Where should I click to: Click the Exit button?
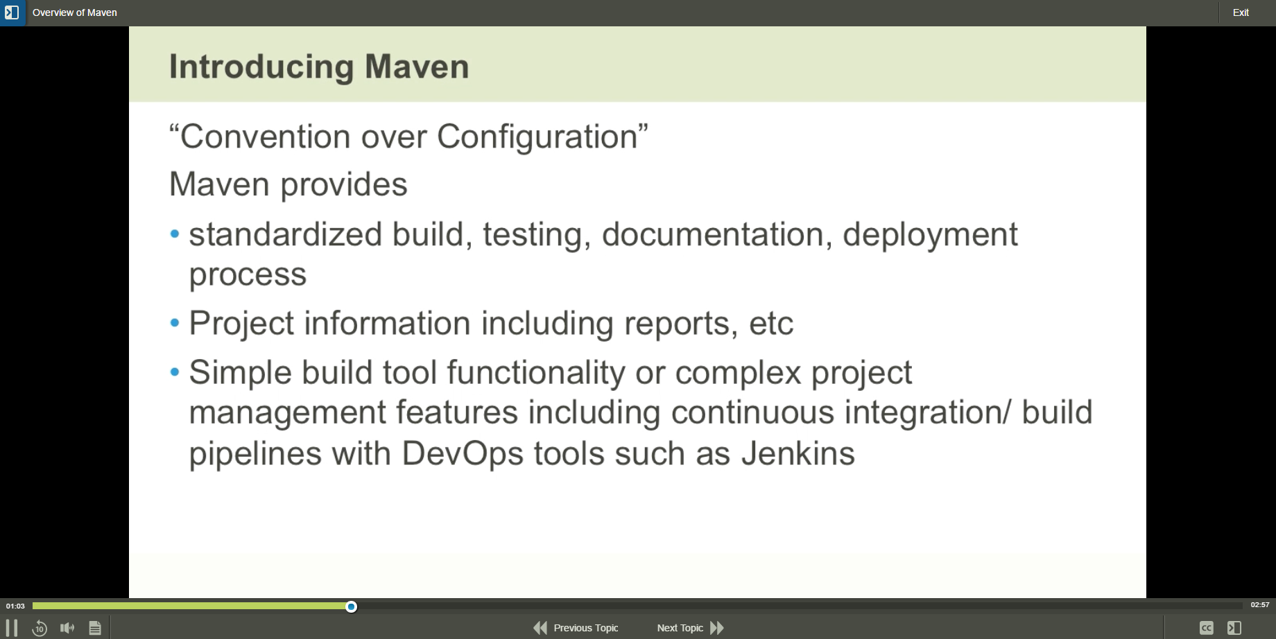[1241, 12]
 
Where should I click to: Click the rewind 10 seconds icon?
[40, 628]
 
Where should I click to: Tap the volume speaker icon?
[67, 628]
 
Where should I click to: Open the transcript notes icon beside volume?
[95, 628]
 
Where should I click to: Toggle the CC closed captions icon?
[1207, 628]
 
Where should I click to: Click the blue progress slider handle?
[352, 607]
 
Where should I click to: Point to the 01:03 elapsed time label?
[15, 606]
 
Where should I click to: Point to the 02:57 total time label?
[1259, 605]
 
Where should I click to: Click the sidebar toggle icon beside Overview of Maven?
[12, 12]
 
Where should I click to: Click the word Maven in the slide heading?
[417, 67]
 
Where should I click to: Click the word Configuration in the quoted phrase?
[537, 137]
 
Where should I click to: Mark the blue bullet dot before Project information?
[175, 323]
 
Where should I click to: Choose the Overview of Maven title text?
[75, 12]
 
